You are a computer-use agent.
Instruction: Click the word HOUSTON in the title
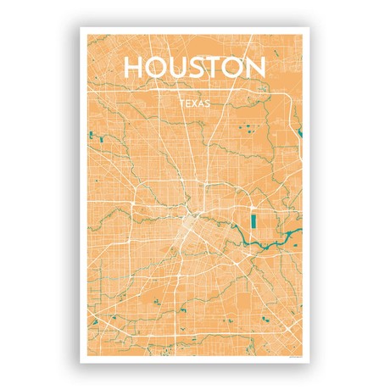click(x=195, y=68)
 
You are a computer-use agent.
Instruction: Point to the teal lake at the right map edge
click(x=298, y=131)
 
